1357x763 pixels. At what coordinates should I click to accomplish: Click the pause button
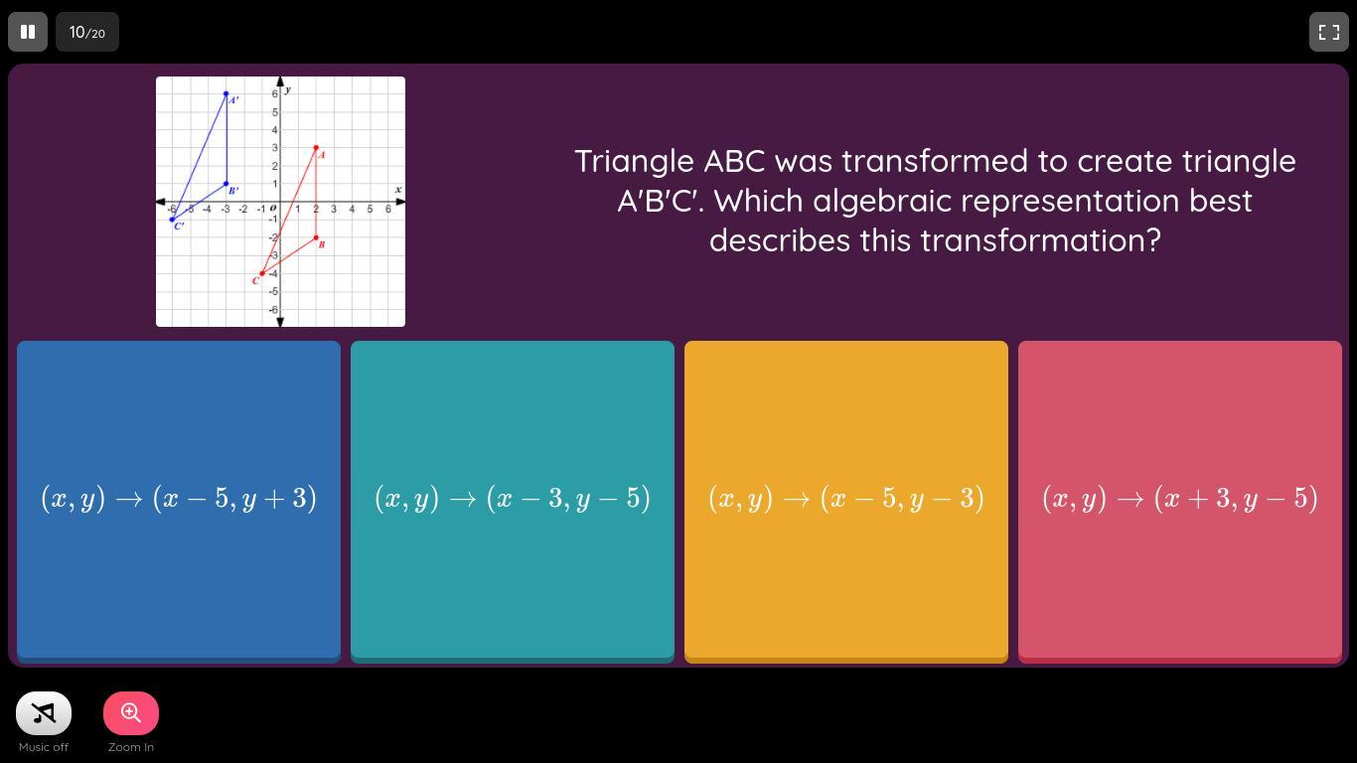coord(28,32)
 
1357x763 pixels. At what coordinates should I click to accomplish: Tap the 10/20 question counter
coord(87,32)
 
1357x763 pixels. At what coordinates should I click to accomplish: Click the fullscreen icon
coord(1328,32)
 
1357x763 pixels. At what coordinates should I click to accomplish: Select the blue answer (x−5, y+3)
coord(179,501)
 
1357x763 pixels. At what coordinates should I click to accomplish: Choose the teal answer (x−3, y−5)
coord(513,501)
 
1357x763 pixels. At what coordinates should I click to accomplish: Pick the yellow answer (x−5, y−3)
coord(846,501)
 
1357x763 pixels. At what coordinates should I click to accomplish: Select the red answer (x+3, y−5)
coord(1180,501)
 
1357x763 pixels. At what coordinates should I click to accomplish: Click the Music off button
coord(44,713)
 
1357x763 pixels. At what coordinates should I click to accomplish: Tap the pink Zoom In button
coord(131,713)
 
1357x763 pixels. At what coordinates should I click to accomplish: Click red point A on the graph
coord(316,147)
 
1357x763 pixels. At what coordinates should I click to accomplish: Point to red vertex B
coord(316,237)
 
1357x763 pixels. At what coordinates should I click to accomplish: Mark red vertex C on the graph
coord(261,273)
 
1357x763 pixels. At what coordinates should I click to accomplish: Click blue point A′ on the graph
coord(226,93)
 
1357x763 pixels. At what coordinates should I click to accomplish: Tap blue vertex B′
coord(226,184)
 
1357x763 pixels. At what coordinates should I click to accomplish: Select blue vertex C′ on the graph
coord(172,220)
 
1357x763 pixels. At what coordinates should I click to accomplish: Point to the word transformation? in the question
coord(1040,240)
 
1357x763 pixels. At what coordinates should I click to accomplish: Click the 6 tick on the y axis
coord(274,93)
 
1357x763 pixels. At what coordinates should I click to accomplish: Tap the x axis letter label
coord(398,190)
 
